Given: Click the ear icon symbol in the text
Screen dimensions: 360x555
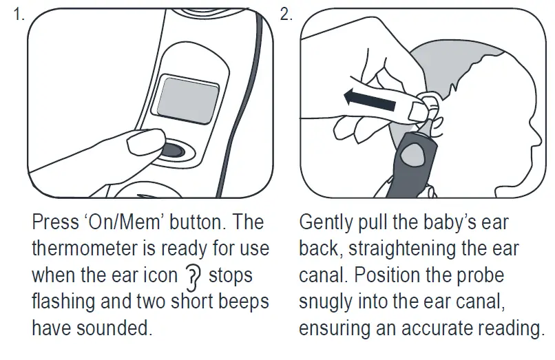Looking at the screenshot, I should (192, 276).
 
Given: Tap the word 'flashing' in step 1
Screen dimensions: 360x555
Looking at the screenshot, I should (64, 302).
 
